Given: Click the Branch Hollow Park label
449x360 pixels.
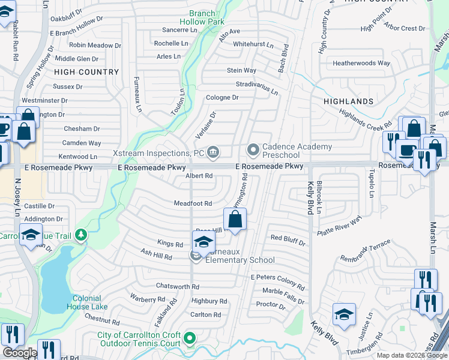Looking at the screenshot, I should click(205, 17).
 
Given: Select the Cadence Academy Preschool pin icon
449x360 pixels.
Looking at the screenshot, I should click(253, 149).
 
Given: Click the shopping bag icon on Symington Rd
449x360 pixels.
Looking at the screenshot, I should click(235, 220).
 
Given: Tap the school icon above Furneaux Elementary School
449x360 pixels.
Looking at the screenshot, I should click(203, 242).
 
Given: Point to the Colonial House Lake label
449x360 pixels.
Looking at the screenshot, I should click(90, 302).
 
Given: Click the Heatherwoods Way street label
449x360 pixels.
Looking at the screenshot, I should click(361, 63).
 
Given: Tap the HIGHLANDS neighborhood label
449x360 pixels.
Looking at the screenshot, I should click(348, 101).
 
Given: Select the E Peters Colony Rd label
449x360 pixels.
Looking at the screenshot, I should click(278, 279).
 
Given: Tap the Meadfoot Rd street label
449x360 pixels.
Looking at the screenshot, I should click(193, 204).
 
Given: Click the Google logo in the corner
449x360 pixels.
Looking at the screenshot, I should click(20, 353).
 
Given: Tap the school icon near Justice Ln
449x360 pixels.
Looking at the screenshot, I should click(344, 314).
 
